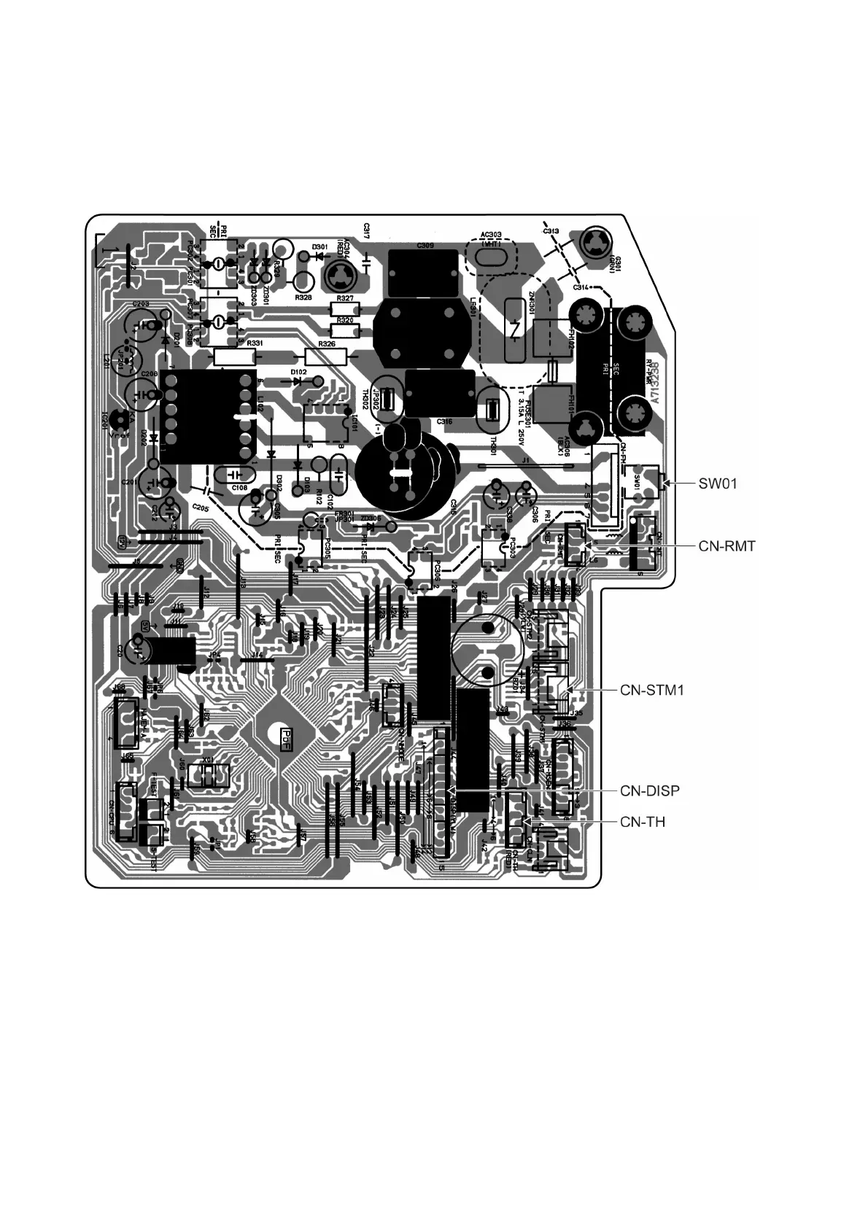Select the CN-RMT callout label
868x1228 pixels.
point(726,545)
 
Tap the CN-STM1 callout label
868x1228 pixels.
point(652,689)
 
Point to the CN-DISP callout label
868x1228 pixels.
point(650,790)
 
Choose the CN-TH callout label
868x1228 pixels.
point(643,822)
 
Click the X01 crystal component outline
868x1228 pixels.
point(209,774)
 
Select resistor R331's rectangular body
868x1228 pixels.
point(234,357)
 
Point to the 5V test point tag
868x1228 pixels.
point(145,625)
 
